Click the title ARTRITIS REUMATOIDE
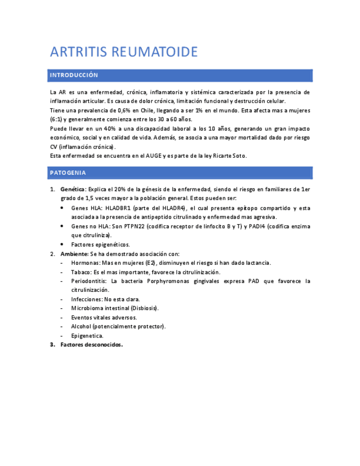pyautogui.click(x=124, y=52)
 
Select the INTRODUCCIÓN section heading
pyautogui.click(x=74, y=75)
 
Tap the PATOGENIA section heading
pyautogui.click(x=68, y=173)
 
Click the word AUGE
pyautogui.click(x=153, y=156)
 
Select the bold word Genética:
pyautogui.click(x=73, y=190)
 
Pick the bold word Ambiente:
pyautogui.click(x=74, y=254)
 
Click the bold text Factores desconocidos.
pyautogui.click(x=92, y=345)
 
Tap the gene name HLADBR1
pyautogui.click(x=120, y=208)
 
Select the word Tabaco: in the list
pyautogui.click(x=81, y=272)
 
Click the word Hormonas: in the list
pyautogui.click(x=86, y=263)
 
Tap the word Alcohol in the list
pyautogui.click(x=81, y=326)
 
